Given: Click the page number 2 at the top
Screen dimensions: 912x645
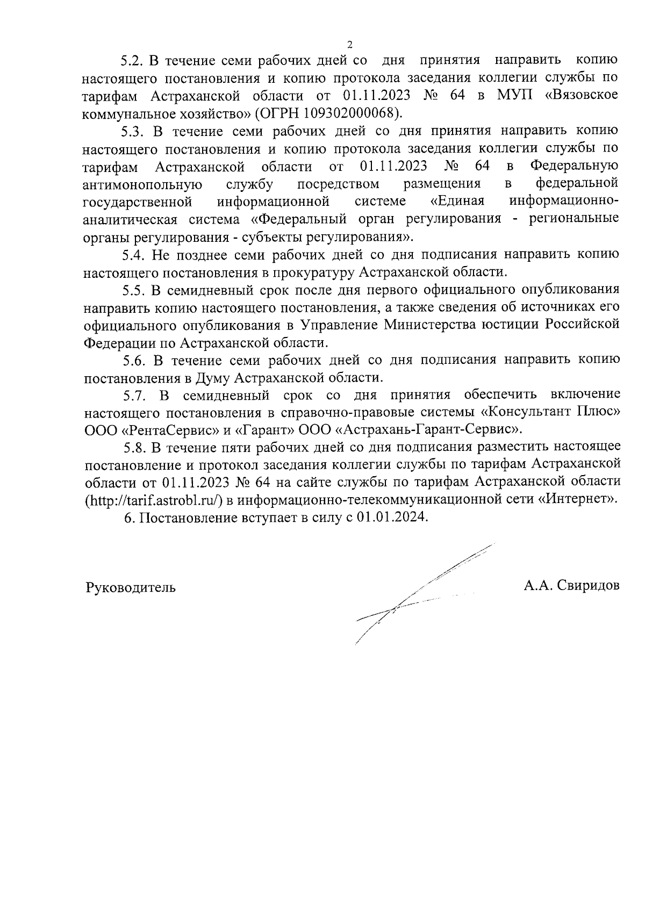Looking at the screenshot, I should click(x=350, y=44).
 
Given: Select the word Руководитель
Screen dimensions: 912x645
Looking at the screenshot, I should click(x=131, y=587).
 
